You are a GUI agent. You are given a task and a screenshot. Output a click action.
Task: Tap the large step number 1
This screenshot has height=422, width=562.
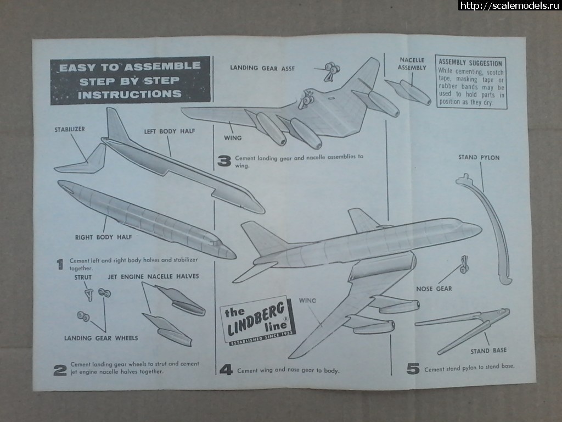pos(59,264)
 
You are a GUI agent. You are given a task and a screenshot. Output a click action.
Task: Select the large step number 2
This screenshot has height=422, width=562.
pos(60,370)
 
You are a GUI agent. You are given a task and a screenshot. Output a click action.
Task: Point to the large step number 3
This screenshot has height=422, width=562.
pos(224,160)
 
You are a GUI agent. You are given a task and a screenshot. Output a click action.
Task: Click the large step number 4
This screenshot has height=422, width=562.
pos(226,370)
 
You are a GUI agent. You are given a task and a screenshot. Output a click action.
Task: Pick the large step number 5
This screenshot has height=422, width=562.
pos(413,369)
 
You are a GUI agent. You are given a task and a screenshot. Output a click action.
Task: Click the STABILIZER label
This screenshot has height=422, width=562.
pos(69,130)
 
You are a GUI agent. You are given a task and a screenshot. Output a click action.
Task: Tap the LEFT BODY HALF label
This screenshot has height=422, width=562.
pos(170,131)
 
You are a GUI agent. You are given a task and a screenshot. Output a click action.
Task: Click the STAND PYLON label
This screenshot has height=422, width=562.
pos(479,158)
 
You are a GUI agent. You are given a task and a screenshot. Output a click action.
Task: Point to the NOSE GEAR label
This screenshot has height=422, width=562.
pos(434,288)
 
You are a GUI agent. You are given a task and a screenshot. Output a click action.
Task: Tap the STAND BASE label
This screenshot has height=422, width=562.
pos(488,350)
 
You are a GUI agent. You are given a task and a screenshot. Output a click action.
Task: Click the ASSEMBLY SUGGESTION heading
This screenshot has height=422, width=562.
pos(470,63)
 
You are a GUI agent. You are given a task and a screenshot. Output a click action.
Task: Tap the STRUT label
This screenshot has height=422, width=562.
pos(83,277)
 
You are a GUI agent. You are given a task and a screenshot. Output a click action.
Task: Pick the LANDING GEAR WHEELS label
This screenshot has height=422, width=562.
pos(101,338)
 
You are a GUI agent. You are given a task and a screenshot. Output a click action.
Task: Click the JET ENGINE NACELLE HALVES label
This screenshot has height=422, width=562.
pos(153,276)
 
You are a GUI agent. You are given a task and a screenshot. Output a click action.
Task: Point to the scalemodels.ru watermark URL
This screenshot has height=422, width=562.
pos(508,5)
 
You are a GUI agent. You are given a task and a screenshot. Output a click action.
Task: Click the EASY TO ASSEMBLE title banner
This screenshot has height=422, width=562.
pos(130,80)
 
